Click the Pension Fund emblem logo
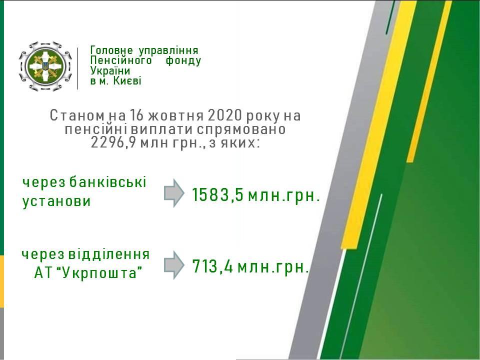pyautogui.click(x=45, y=66)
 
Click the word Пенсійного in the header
pyautogui.click(x=121, y=60)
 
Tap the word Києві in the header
pyautogui.click(x=127, y=81)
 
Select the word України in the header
pyautogui.click(x=110, y=70)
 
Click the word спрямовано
pyautogui.click(x=241, y=129)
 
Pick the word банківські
pyautogui.click(x=108, y=182)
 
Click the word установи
pyautogui.click(x=56, y=201)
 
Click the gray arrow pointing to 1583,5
pyautogui.click(x=174, y=193)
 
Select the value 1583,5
pyautogui.click(x=217, y=194)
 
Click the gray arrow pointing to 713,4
pyautogui.click(x=174, y=265)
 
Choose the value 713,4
pyautogui.click(x=213, y=266)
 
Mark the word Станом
pyautogui.click(x=77, y=115)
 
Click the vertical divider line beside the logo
pyautogui.click(x=78, y=68)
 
